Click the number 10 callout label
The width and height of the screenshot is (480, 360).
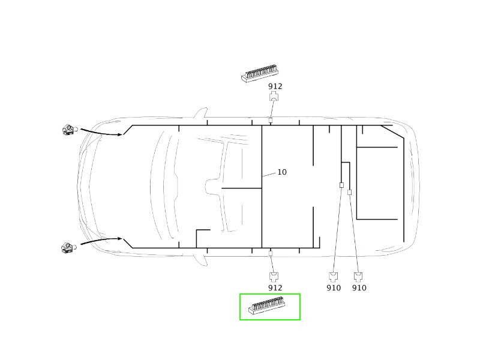[282, 172]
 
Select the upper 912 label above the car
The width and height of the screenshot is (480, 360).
[275, 86]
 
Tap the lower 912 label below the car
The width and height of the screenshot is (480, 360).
[275, 288]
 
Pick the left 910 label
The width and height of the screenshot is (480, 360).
[334, 288]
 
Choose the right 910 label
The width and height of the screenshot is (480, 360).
[359, 288]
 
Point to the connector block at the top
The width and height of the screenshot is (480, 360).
[260, 73]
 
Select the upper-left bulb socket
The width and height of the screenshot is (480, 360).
[70, 130]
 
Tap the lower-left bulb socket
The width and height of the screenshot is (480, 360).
[69, 248]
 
